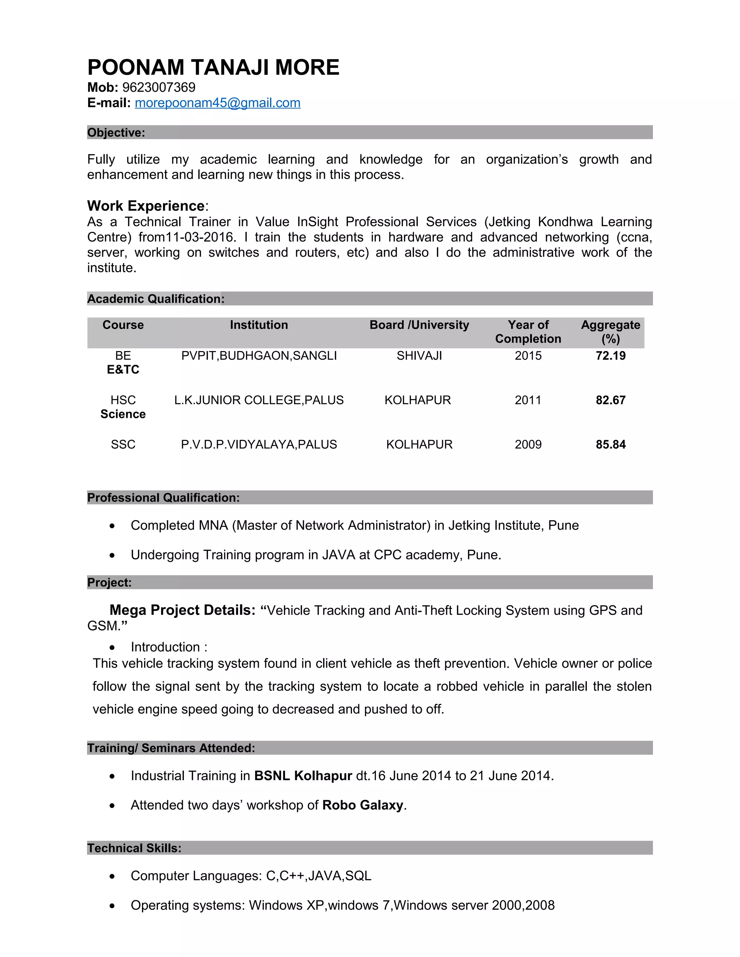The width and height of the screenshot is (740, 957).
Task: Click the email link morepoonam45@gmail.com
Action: (218, 103)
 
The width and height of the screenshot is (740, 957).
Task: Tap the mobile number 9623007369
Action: (159, 88)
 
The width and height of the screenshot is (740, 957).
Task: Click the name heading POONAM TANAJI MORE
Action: (213, 68)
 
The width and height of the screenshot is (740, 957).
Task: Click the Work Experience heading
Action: (146, 206)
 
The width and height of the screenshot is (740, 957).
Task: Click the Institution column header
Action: (259, 325)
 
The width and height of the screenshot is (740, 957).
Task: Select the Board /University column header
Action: (419, 325)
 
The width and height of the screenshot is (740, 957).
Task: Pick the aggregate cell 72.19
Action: (610, 356)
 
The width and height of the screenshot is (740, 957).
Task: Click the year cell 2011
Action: (528, 400)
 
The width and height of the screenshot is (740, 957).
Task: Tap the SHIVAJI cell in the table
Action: (419, 356)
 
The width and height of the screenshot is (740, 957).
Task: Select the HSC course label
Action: (123, 400)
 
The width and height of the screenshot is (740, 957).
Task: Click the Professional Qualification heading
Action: (163, 498)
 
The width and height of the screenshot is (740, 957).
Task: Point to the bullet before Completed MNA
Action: (112, 526)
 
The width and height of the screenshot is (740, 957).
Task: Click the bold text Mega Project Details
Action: (182, 610)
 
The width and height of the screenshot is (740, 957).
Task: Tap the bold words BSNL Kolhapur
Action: (303, 776)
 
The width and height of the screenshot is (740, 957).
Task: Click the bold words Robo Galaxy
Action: (362, 805)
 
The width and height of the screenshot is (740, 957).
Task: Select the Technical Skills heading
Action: (134, 848)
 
